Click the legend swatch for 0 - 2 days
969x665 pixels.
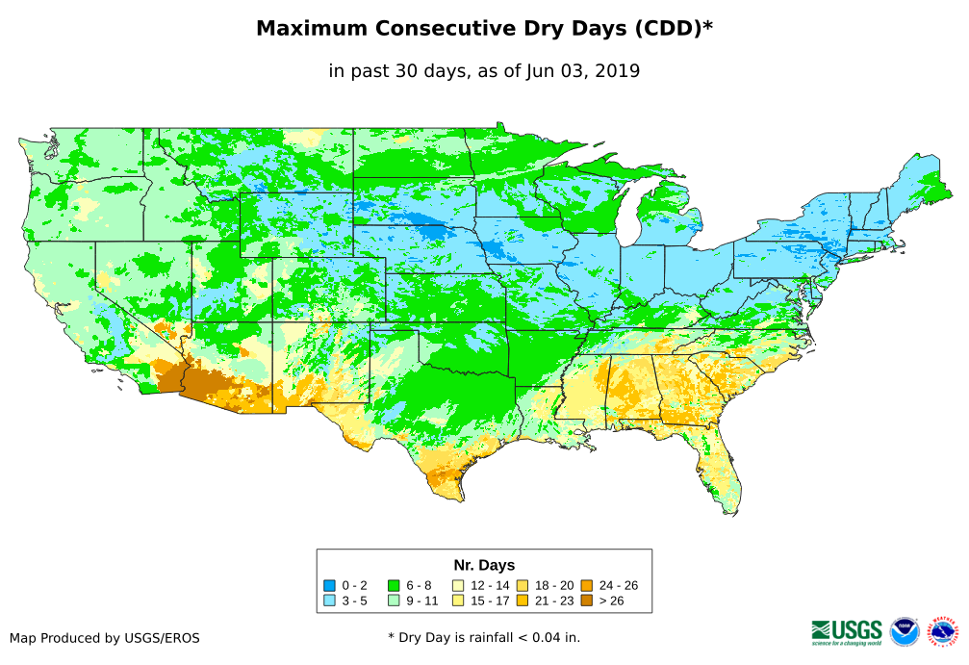(x=329, y=585)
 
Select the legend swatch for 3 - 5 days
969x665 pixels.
(x=329, y=601)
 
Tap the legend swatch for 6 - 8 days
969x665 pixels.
(x=393, y=585)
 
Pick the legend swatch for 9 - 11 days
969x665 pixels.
(x=393, y=601)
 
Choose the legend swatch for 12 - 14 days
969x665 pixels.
(x=458, y=585)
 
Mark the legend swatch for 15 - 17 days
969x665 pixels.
(x=458, y=601)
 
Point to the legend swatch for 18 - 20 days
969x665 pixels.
(x=523, y=585)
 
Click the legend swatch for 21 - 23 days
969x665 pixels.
(x=523, y=601)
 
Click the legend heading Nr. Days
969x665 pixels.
(x=484, y=565)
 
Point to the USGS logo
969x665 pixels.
(x=847, y=631)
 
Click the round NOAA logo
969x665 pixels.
(x=905, y=632)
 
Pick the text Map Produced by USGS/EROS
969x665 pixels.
(x=105, y=638)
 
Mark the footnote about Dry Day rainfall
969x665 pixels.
(x=484, y=637)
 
